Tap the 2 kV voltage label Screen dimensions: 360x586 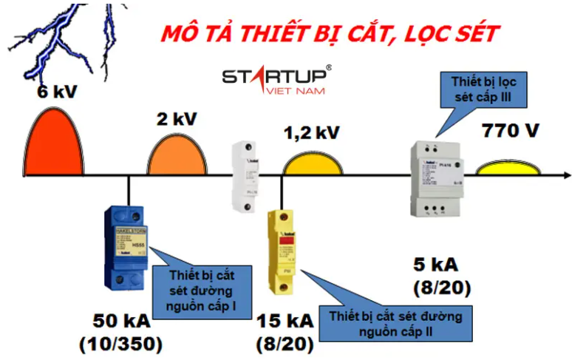pos(176,119)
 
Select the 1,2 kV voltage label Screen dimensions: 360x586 pos(312,133)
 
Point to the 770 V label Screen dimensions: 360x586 pos(511,132)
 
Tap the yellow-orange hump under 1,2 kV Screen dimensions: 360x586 pos(313,163)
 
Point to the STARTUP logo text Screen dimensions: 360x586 pos(278,76)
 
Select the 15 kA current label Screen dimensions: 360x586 pos(285,322)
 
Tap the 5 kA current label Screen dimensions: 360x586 pos(437,265)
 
